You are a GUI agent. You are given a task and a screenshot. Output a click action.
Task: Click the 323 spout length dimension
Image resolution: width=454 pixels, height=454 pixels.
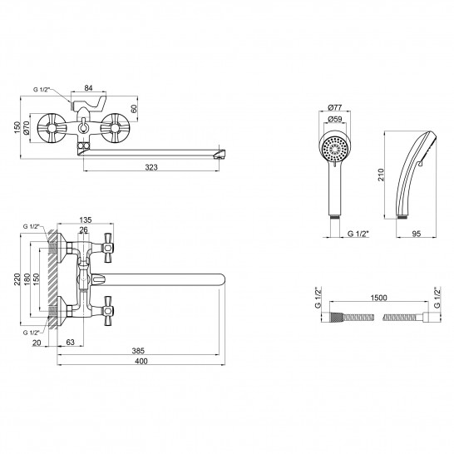click(151, 167)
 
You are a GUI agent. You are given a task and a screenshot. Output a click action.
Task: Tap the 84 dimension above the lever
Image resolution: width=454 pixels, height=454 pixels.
click(88, 88)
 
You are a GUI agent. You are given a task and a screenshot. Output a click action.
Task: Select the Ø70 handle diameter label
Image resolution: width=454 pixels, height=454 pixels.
click(26, 128)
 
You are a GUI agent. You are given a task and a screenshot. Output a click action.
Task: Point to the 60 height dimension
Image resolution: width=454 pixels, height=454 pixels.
click(134, 109)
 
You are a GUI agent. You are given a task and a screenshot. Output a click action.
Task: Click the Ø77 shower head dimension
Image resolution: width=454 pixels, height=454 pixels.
click(335, 107)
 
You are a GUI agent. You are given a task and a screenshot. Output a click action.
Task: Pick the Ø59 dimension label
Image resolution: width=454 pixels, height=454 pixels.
click(335, 119)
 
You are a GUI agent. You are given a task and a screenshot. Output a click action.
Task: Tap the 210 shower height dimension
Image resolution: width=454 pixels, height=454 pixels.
click(381, 175)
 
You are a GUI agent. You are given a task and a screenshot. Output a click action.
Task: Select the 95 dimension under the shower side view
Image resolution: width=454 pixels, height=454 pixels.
click(416, 234)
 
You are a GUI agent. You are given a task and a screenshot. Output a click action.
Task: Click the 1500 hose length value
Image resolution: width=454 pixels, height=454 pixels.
click(378, 298)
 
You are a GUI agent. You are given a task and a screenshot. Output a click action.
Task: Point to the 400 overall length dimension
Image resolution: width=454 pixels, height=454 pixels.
click(141, 361)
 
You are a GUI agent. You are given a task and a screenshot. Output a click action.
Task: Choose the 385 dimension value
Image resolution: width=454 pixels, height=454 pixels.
click(138, 351)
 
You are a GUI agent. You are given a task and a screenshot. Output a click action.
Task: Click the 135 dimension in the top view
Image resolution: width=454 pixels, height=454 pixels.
click(86, 220)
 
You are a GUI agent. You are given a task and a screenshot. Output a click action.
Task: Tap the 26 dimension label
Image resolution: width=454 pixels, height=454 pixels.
click(83, 230)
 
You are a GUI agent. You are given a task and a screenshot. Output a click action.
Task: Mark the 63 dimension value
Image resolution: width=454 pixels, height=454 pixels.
click(71, 342)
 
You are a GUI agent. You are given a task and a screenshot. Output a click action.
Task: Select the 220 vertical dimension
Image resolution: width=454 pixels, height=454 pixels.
click(17, 279)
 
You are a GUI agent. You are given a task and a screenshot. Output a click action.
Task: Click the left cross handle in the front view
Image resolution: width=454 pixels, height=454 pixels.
click(52, 128)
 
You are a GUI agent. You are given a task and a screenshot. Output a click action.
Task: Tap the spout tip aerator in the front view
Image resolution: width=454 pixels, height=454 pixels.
click(220, 154)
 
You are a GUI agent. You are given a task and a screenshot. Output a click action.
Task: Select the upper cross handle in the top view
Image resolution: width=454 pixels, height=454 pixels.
click(108, 248)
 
